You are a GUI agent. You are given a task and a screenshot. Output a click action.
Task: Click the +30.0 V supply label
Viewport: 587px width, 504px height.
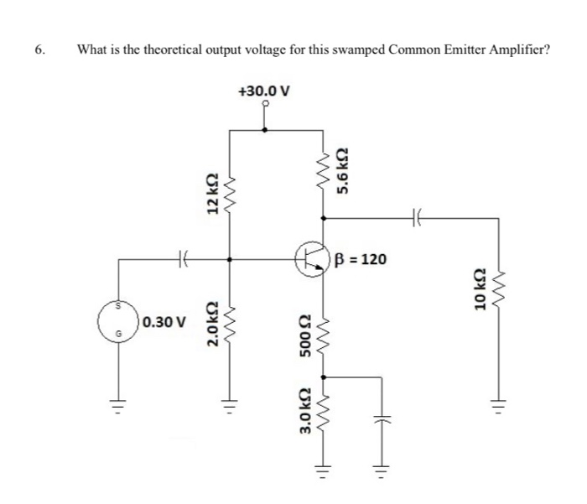tap(265, 91)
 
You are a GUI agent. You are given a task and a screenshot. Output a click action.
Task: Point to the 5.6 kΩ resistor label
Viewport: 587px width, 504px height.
tap(342, 170)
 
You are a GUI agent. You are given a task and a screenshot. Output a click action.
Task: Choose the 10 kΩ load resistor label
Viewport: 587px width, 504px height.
tap(480, 293)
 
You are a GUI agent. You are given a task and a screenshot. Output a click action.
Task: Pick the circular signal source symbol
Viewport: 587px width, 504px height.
tap(118, 320)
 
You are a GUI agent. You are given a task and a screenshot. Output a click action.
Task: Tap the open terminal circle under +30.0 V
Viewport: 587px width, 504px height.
tap(265, 106)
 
